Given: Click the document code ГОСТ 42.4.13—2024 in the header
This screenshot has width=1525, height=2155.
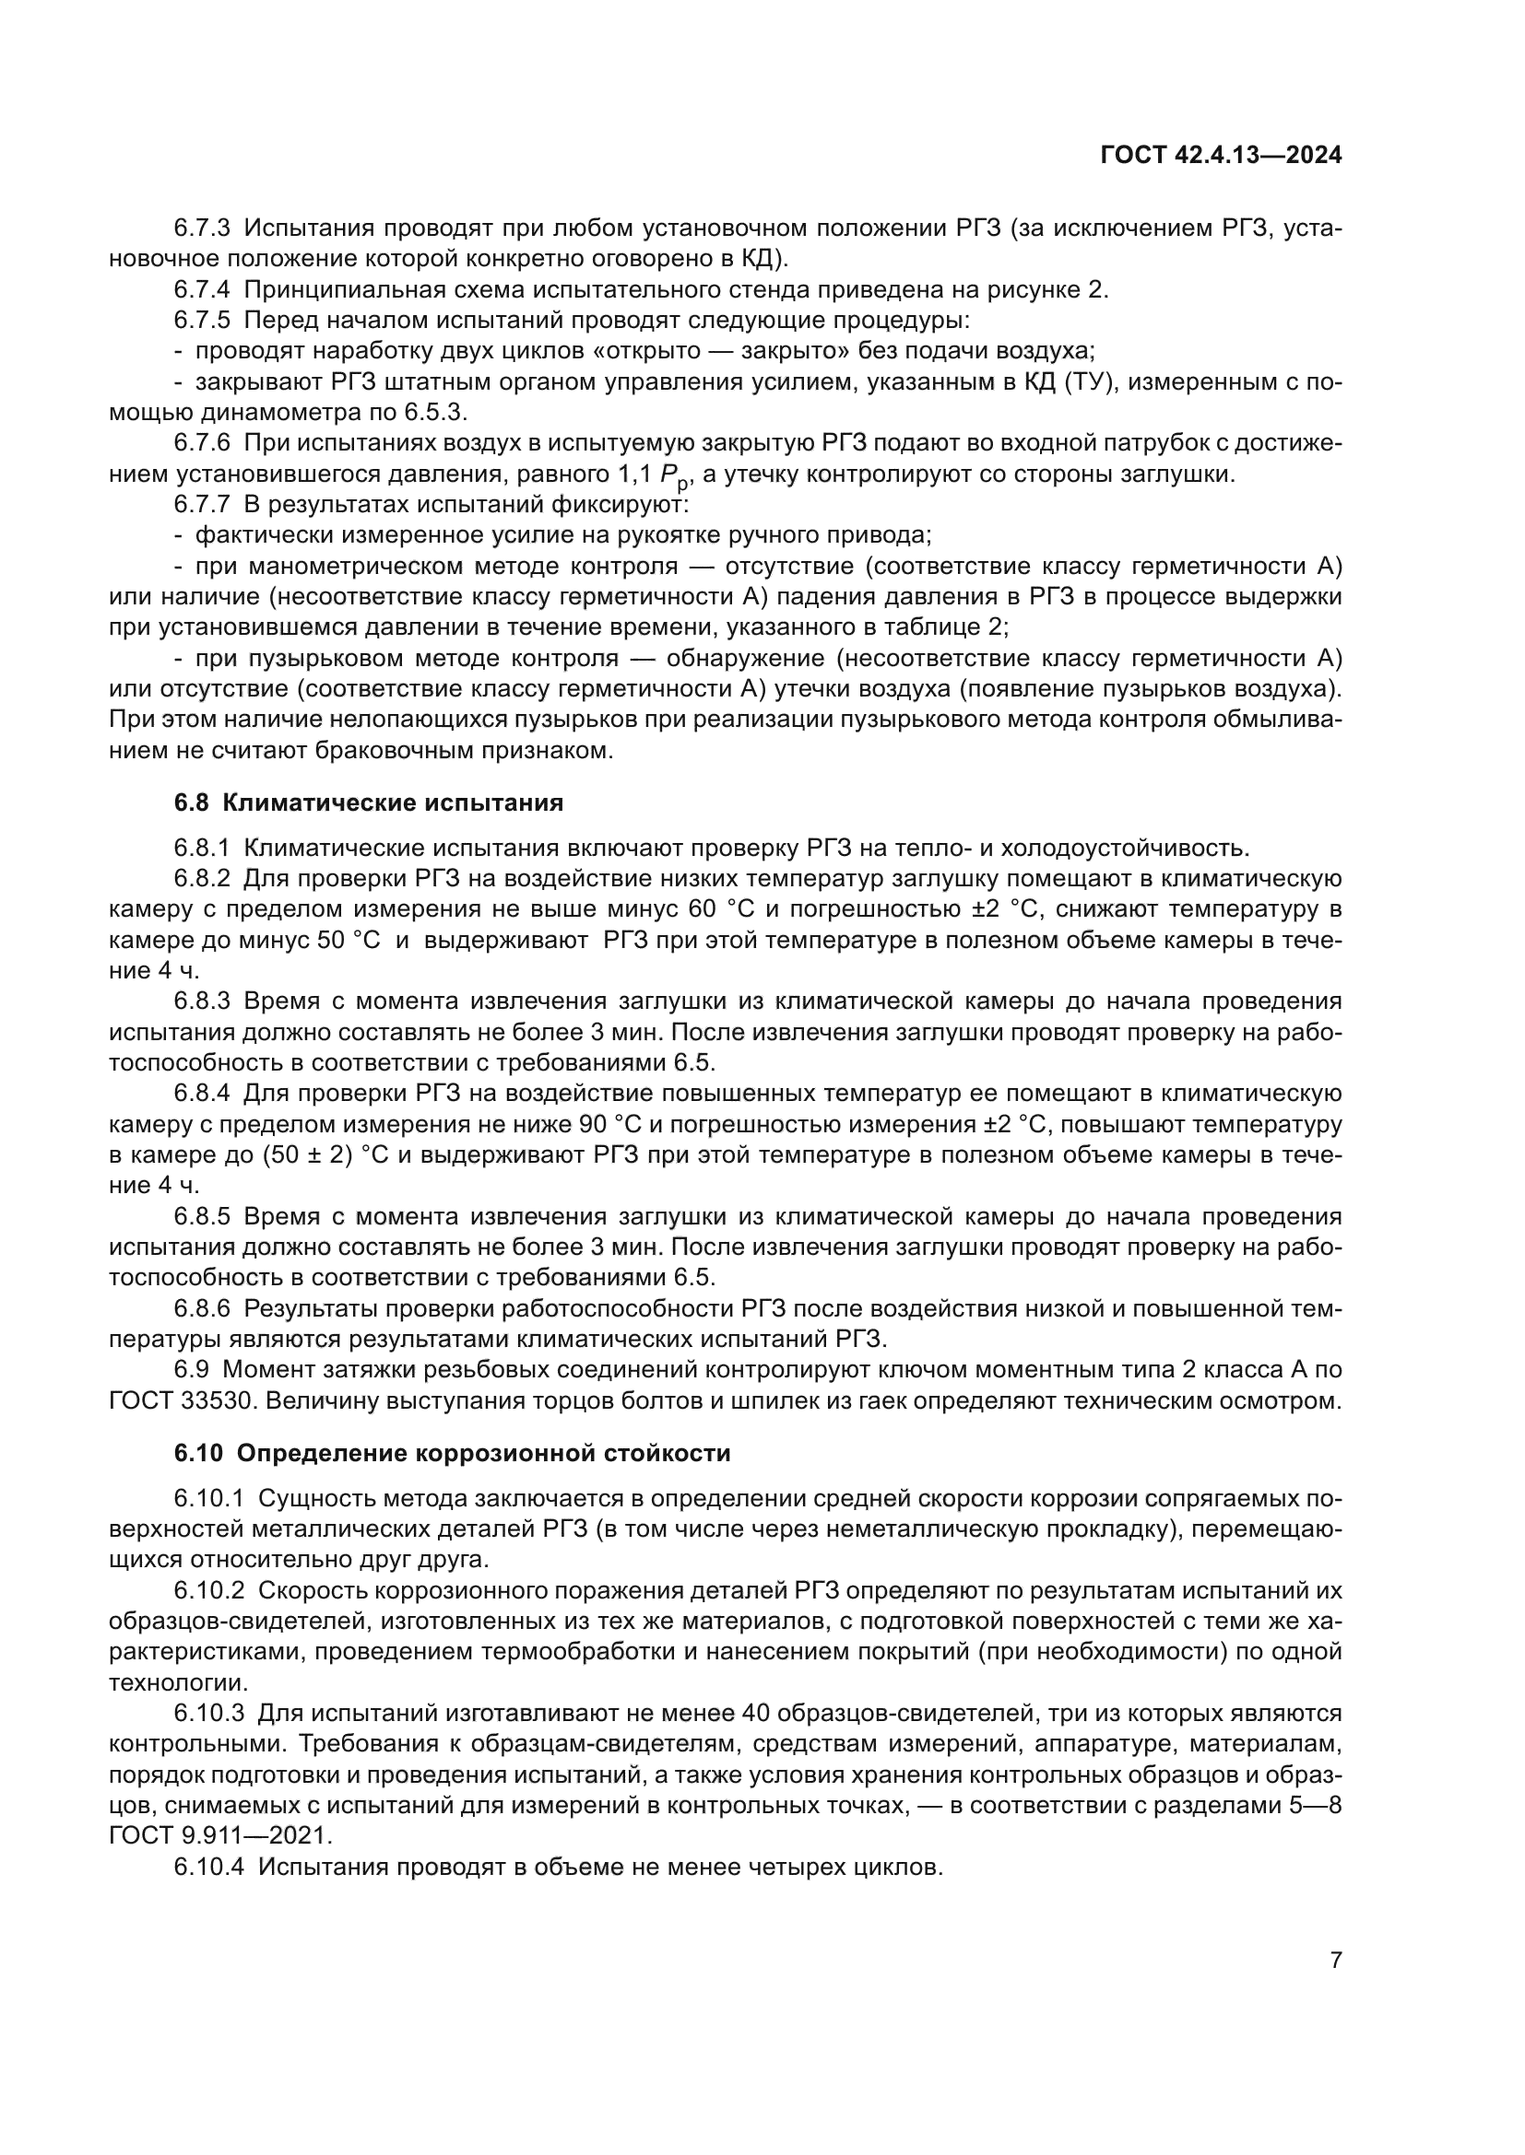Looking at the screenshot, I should (x=1221, y=156).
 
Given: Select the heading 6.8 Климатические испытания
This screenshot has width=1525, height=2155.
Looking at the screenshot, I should (x=368, y=802).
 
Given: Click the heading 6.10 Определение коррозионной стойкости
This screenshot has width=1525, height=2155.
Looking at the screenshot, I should (x=452, y=1454).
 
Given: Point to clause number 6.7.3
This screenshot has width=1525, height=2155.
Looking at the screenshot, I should (x=202, y=228).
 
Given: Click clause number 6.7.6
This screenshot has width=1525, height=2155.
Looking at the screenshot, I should (x=202, y=443).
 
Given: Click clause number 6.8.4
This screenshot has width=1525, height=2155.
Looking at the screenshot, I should (x=202, y=1094).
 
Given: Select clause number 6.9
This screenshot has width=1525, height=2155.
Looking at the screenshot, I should (x=192, y=1370).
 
